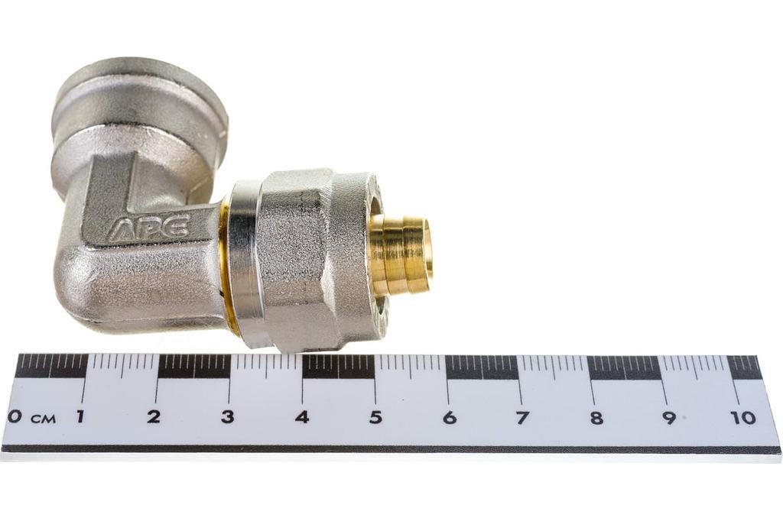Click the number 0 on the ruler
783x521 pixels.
point(16,417)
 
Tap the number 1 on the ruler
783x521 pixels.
point(80,416)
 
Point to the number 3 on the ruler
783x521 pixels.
point(228,416)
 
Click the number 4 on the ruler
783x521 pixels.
point(301,416)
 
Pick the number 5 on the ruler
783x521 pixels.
point(375,417)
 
